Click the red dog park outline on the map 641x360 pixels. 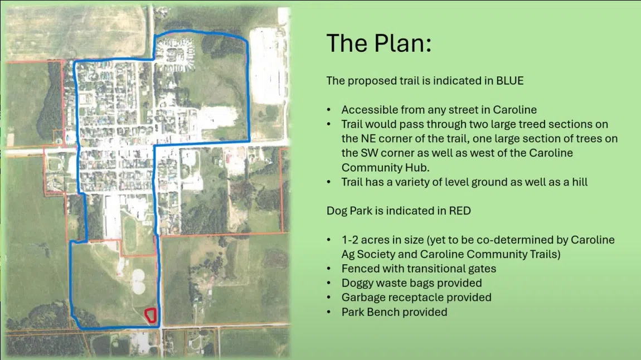tap(147, 315)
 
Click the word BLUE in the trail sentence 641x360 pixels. tap(510, 80)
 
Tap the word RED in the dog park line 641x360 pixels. tap(460, 211)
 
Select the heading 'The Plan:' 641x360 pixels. tap(379, 43)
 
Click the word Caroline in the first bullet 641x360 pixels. tap(514, 110)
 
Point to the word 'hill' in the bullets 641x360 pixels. tap(580, 182)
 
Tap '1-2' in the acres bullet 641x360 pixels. tap(349, 240)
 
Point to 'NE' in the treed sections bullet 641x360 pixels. tap(367, 139)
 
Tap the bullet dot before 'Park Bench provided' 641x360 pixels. tap(329, 313)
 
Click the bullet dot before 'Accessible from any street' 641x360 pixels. tap(329, 110)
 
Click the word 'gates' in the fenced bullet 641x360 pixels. tap(482, 269)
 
